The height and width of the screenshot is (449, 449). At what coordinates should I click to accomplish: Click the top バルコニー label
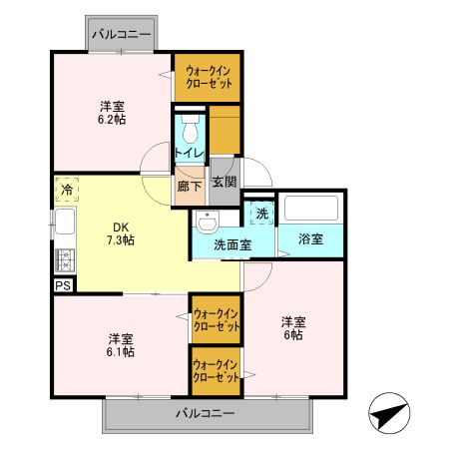pyautogui.click(x=122, y=35)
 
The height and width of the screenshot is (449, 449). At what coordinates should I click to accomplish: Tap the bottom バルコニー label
pyautogui.click(x=206, y=413)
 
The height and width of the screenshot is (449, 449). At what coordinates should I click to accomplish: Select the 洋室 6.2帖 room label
pyautogui.click(x=112, y=112)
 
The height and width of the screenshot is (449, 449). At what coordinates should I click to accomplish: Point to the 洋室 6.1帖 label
pyautogui.click(x=122, y=344)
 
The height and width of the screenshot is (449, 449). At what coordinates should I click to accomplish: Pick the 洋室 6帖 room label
pyautogui.click(x=292, y=328)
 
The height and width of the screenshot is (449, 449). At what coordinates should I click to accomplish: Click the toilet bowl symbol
pyautogui.click(x=190, y=130)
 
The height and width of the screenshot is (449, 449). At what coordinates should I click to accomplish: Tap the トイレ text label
pyautogui.click(x=190, y=153)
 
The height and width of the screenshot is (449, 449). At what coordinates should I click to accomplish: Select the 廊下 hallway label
pyautogui.click(x=189, y=185)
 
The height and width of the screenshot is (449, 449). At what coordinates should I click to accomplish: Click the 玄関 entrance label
pyautogui.click(x=224, y=182)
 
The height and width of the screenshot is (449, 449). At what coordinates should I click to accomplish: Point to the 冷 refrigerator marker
pyautogui.click(x=66, y=189)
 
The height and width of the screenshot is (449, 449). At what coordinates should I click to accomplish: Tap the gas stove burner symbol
pyautogui.click(x=66, y=261)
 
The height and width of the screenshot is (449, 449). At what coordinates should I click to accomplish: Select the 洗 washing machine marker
pyautogui.click(x=260, y=213)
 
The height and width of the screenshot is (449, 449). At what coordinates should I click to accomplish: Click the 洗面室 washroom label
pyautogui.click(x=231, y=244)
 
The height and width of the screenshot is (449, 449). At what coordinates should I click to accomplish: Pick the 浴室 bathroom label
pyautogui.click(x=310, y=239)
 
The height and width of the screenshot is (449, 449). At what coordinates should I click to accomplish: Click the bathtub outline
pyautogui.click(x=312, y=209)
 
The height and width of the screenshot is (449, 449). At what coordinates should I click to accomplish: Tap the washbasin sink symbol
pyautogui.click(x=207, y=221)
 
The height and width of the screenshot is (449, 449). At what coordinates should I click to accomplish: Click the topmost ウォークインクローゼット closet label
pyautogui.click(x=208, y=78)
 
